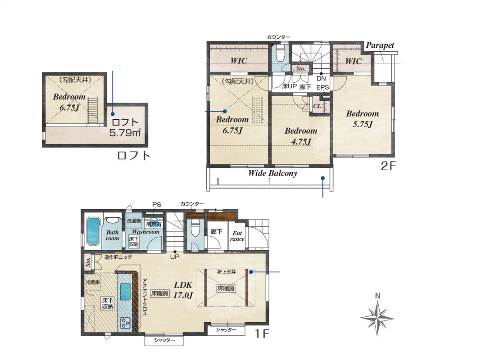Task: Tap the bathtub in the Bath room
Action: (93, 231)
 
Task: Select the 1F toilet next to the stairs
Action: (195, 229)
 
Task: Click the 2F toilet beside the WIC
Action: (280, 53)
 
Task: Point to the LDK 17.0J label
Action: (183, 290)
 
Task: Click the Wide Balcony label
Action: (273, 173)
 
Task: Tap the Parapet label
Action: (380, 45)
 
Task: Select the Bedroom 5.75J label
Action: (363, 119)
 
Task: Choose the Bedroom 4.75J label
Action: (301, 136)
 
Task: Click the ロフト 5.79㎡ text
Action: (125, 127)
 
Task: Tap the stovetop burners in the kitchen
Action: (125, 323)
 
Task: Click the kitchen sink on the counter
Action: (125, 291)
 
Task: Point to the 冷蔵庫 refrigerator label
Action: (93, 282)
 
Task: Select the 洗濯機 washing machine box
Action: (134, 220)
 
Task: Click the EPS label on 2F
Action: (322, 87)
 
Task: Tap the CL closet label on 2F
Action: (317, 106)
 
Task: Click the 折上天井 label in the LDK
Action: (227, 272)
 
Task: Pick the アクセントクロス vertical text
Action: (145, 297)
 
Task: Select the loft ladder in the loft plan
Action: (92, 111)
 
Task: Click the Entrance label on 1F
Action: (237, 236)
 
